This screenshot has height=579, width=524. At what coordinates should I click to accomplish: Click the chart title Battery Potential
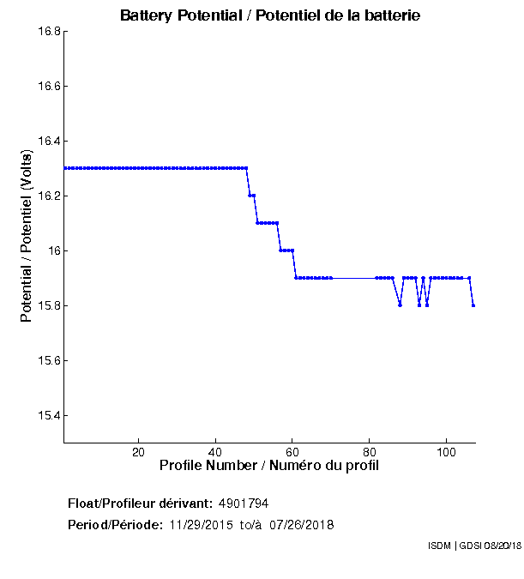270,15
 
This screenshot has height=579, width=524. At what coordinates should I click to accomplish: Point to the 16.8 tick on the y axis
48,32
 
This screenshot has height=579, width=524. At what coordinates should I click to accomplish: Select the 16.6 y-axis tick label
48,87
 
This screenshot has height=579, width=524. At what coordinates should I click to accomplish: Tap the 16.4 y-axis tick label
48,142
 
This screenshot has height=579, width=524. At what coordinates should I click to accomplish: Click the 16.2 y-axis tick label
48,196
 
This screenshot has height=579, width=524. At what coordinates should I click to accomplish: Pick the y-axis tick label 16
53,251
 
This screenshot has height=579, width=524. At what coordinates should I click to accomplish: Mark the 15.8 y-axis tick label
48,306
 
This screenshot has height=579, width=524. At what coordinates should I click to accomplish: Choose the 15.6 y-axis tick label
48,361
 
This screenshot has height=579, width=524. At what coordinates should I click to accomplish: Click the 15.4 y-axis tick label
48,416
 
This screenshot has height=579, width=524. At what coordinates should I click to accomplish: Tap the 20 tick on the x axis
138,452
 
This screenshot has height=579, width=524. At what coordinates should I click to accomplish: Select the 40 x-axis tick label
215,452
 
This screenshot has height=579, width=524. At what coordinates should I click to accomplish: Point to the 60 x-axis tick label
292,452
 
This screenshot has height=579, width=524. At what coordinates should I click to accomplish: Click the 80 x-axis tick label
370,452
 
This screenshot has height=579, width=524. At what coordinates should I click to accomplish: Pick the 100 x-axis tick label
446,452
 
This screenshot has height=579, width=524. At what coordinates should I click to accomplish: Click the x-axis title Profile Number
269,466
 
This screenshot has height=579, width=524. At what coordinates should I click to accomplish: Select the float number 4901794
250,503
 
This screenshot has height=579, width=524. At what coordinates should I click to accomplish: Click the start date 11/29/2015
202,524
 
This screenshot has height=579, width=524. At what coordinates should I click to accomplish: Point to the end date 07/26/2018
302,524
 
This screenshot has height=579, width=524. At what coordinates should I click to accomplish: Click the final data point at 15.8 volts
473,305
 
